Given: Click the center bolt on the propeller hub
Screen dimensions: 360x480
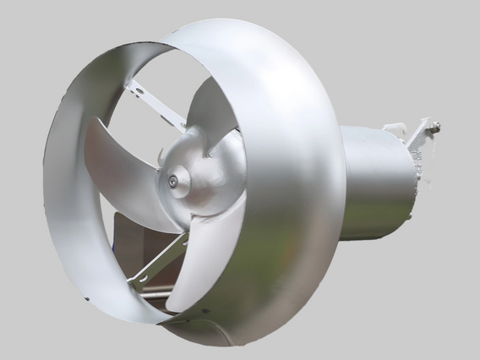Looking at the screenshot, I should click(x=172, y=180).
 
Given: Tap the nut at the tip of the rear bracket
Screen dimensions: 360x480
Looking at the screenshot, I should click(x=436, y=128).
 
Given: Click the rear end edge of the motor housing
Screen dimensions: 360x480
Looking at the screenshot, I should click(x=415, y=182).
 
